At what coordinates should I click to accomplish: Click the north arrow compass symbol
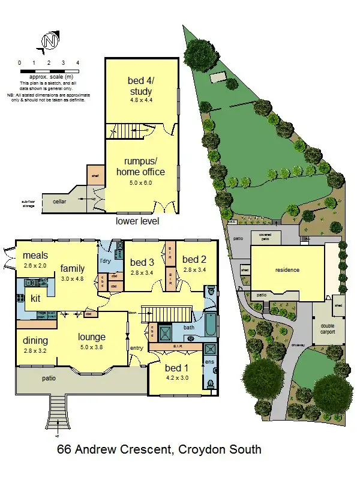click(50, 41)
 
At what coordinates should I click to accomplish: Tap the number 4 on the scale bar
click(77, 62)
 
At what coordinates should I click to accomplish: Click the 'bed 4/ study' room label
click(140, 86)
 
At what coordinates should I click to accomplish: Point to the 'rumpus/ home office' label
click(140, 167)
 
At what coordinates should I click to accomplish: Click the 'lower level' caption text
click(137, 221)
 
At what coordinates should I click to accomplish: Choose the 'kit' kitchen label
click(35, 298)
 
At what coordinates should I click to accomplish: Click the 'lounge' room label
click(92, 337)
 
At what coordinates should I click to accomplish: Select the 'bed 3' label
click(143, 262)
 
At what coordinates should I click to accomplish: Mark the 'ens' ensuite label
click(209, 363)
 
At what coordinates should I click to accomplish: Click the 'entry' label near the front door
click(137, 347)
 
